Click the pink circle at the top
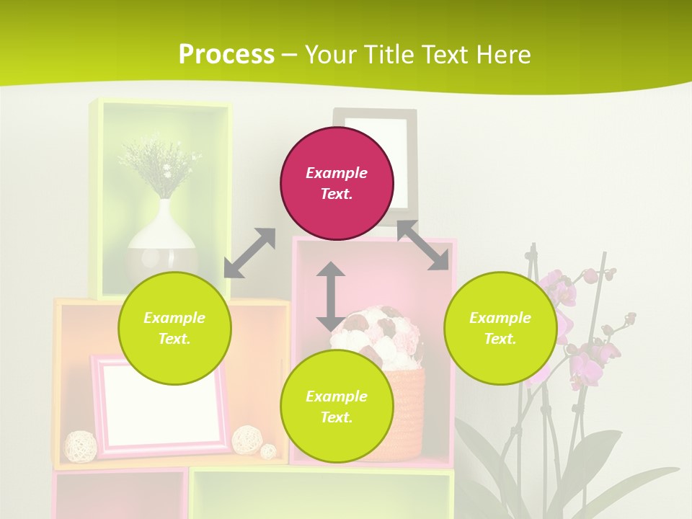pyautogui.click(x=337, y=184)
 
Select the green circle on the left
pyautogui.click(x=174, y=328)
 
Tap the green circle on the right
pyautogui.click(x=500, y=328)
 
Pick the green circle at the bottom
pyautogui.click(x=337, y=407)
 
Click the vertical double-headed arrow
pyautogui.click(x=331, y=296)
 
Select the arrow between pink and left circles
pyautogui.click(x=249, y=253)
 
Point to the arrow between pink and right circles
pyautogui.click(x=423, y=245)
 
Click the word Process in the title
pyautogui.click(x=226, y=54)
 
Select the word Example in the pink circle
pyautogui.click(x=337, y=173)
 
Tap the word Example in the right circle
pyautogui.click(x=500, y=318)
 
